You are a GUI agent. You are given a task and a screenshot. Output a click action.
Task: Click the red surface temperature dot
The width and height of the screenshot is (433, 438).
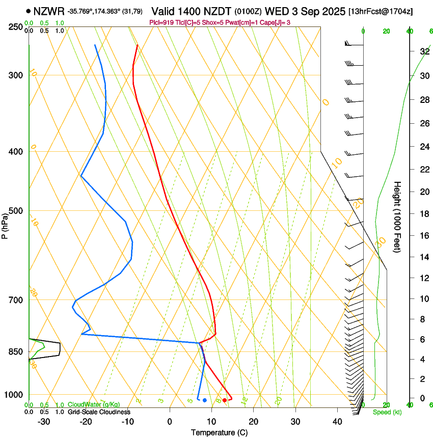[225, 400]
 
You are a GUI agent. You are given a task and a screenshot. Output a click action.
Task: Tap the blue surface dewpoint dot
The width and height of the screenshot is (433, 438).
[205, 400]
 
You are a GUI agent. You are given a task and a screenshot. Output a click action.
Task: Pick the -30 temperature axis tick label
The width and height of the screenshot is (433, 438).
[44, 421]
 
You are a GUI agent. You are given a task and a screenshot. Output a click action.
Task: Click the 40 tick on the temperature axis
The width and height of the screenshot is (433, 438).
[337, 421]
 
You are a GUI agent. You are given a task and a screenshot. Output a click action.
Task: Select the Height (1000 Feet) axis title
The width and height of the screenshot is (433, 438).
[397, 216]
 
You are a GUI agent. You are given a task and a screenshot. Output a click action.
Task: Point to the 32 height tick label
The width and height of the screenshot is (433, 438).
[424, 51]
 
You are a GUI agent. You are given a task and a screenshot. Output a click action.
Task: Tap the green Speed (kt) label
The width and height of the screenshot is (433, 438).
[387, 412]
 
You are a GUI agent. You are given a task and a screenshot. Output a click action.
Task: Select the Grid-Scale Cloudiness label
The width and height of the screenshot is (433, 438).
[99, 412]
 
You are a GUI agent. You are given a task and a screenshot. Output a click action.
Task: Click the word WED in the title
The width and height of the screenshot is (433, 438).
[275, 11]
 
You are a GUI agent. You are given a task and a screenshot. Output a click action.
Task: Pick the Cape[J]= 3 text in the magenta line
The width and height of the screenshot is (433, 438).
[277, 22]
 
